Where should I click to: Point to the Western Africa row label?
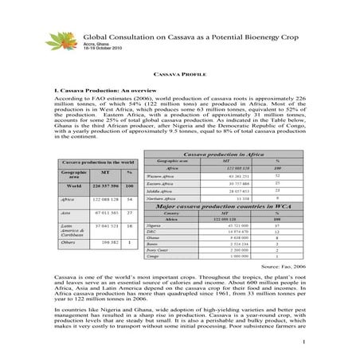click(x=162, y=176)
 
